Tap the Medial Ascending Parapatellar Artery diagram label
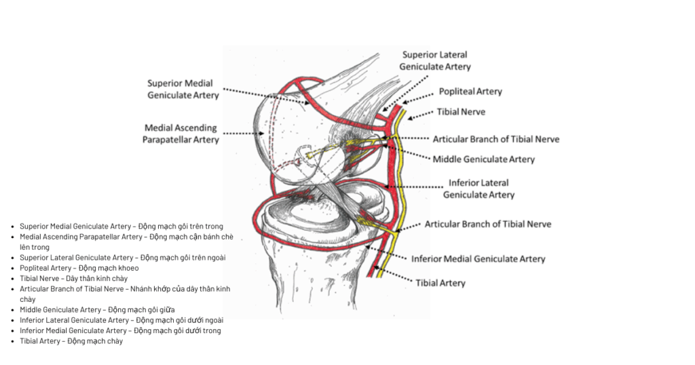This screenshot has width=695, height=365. [181, 134]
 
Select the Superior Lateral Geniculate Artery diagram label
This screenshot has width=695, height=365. [434, 60]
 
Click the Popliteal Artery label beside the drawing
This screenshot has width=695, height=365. [470, 92]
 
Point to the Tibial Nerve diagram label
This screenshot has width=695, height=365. [462, 111]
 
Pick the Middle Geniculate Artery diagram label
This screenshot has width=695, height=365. [484, 159]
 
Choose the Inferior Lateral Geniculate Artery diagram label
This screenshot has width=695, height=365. [478, 189]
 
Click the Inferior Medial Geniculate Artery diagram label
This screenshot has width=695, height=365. [478, 258]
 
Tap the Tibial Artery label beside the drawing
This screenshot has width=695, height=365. [440, 283]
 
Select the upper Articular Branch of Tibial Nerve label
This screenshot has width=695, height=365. [496, 139]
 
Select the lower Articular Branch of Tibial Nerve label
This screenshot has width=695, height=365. [488, 224]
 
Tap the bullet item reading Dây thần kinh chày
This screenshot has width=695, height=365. [73, 278]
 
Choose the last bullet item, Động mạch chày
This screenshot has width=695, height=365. [71, 341]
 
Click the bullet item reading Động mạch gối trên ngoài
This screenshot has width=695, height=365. [122, 258]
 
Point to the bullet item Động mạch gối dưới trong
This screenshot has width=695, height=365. [120, 330]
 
